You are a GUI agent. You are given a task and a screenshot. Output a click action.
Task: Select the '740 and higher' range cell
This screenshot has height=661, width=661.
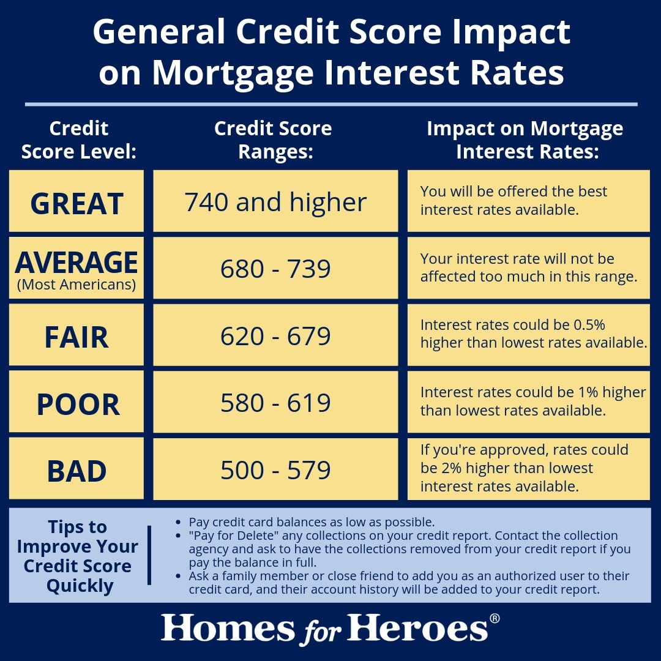pos(275,202)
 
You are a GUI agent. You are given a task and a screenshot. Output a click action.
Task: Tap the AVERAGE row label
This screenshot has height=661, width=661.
pos(77,263)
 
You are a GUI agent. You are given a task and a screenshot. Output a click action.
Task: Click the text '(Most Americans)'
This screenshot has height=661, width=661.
pos(77,285)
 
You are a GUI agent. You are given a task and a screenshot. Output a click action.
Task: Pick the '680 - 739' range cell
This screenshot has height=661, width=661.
pos(275,269)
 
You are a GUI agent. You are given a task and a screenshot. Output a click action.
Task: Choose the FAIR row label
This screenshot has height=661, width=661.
pos(77,337)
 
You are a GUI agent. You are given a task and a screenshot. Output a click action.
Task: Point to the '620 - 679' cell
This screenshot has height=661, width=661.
pos(275,336)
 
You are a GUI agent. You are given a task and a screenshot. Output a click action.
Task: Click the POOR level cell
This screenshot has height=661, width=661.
pos(78,404)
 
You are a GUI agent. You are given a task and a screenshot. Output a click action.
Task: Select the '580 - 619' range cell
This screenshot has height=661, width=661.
pos(275,403)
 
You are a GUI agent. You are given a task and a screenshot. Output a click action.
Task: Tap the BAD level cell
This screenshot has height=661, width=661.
pos(77,471)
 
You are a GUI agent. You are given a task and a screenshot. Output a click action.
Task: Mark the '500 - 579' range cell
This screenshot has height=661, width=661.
pos(275,469)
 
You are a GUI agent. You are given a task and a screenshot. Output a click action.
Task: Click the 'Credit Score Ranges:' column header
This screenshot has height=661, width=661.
pos(273,140)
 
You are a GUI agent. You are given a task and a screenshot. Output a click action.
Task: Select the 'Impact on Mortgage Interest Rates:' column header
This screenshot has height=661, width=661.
pos(525,140)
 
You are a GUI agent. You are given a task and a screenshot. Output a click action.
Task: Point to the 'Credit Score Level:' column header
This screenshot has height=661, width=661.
pos(78,140)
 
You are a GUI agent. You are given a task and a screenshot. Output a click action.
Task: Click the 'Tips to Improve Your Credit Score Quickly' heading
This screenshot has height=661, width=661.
pos(77,556)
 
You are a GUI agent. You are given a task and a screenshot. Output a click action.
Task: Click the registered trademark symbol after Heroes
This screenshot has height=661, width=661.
pos(495,618)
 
